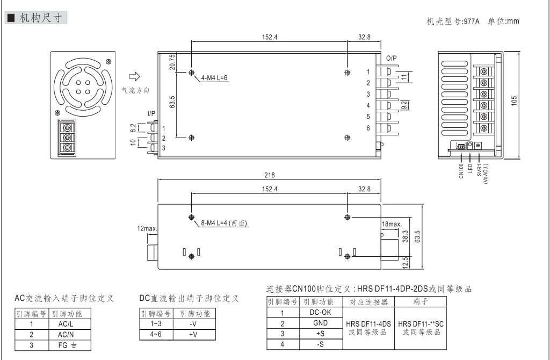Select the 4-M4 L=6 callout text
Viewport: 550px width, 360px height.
click(214, 78)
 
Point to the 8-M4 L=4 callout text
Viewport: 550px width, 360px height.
click(225, 222)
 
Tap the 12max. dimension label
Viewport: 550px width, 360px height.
click(147, 229)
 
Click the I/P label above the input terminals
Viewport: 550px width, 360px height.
click(152, 114)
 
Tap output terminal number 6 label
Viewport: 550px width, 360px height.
click(368, 127)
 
